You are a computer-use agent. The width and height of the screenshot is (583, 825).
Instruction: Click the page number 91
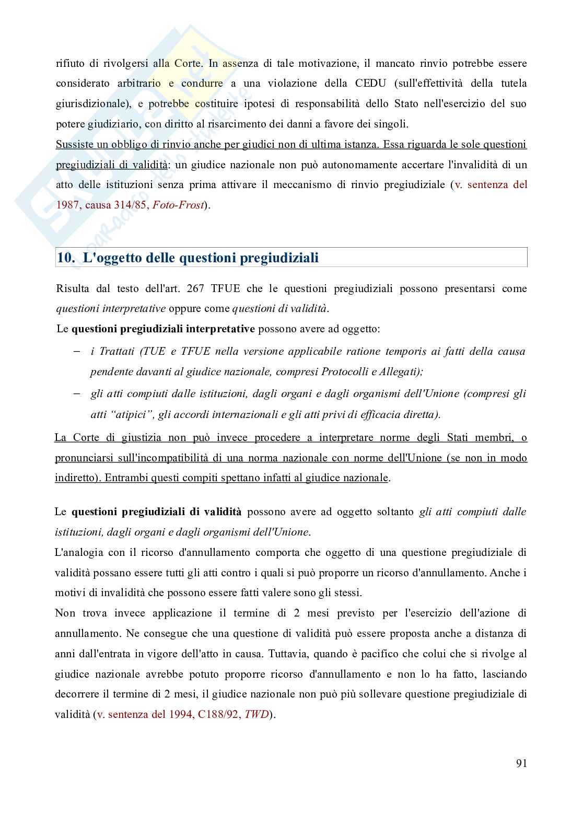(521, 763)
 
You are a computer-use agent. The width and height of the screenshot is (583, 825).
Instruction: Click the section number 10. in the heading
(68, 258)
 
